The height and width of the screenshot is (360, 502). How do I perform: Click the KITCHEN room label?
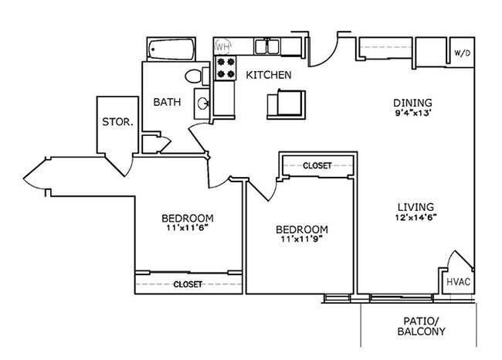tap(268, 75)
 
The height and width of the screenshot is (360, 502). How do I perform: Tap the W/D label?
tap(461, 53)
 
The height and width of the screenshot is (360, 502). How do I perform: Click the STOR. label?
tap(118, 122)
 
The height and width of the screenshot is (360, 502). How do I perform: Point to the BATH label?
tap(167, 102)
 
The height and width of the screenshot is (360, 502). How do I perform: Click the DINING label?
tap(412, 103)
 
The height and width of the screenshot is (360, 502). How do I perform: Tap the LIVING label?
tap(414, 207)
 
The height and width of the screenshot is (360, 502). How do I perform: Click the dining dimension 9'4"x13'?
tap(412, 114)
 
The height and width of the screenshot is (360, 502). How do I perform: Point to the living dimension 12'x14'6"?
tap(414, 218)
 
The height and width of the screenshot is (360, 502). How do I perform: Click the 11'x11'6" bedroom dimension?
tap(188, 228)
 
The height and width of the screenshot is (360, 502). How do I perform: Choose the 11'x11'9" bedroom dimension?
tap(301, 241)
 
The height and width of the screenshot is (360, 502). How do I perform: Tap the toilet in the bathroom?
tap(194, 76)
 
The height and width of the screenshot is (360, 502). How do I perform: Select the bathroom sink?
tap(202, 102)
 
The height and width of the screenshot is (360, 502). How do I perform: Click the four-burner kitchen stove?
tap(224, 68)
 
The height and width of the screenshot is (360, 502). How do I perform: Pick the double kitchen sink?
tap(267, 46)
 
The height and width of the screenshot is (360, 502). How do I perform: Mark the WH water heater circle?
tap(222, 46)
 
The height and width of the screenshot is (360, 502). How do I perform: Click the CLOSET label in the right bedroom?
tap(317, 165)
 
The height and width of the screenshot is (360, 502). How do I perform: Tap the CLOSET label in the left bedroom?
tap(188, 284)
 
